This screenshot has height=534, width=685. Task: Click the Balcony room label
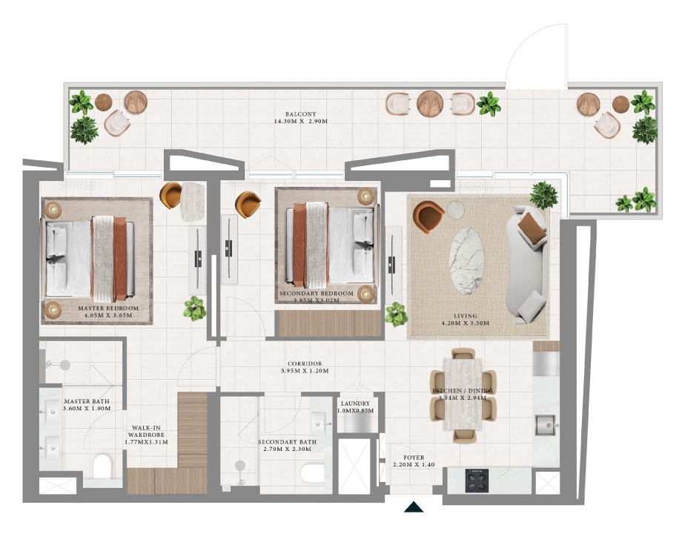point(300,117)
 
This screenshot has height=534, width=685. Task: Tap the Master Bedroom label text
point(108,311)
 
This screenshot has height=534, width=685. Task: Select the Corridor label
point(305,367)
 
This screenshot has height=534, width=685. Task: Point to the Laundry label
point(355,407)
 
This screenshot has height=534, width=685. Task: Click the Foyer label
point(414,461)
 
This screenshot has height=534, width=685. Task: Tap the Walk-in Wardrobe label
point(146,435)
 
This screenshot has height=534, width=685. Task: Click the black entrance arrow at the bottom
point(413,507)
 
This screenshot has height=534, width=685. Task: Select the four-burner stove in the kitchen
point(477,481)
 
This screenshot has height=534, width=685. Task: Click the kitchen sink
point(545,425)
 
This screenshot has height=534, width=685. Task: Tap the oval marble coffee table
point(466,261)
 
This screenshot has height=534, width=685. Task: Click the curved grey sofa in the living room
point(526,265)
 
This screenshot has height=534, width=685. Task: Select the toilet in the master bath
point(103,466)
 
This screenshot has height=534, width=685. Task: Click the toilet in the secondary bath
point(313,472)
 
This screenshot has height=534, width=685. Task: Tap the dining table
point(463,394)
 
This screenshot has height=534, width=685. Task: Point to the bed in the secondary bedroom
point(331,245)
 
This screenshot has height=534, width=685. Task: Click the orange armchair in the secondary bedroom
point(248,204)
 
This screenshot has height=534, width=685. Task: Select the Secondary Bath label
point(287,445)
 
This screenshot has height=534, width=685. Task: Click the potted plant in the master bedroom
point(194,309)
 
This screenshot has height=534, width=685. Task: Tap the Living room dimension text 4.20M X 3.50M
point(466,323)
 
